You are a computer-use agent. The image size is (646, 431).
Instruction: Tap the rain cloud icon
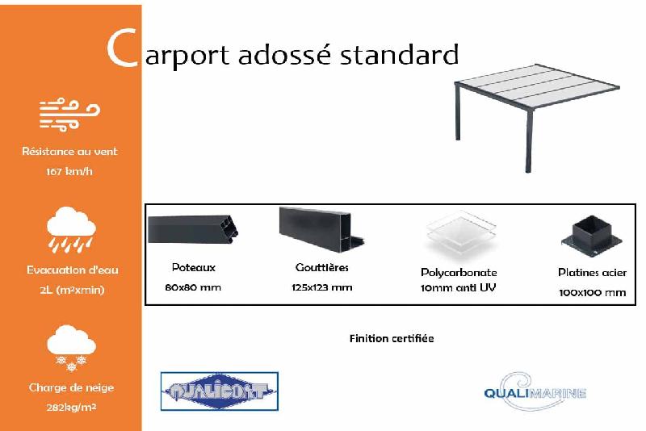[71, 230]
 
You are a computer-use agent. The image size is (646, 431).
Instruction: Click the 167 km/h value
[69, 171]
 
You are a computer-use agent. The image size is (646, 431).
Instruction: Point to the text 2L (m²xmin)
[71, 290]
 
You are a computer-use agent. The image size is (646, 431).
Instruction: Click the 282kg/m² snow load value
[71, 408]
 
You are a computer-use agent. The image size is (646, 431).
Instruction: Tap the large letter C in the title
[121, 50]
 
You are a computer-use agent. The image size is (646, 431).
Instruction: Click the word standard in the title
[399, 55]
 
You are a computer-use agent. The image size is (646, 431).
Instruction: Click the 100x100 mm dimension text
[592, 292]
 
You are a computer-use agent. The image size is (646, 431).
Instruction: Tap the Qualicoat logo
[220, 392]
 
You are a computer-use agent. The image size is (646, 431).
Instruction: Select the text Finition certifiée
[391, 338]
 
